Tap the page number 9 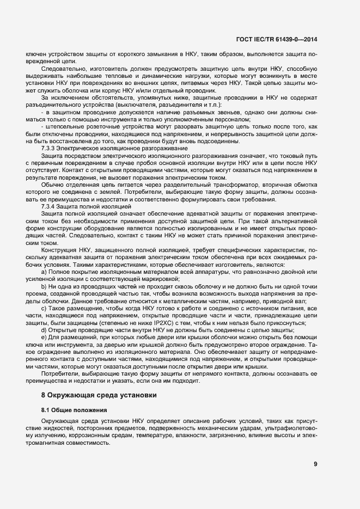(x=316, y=464)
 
